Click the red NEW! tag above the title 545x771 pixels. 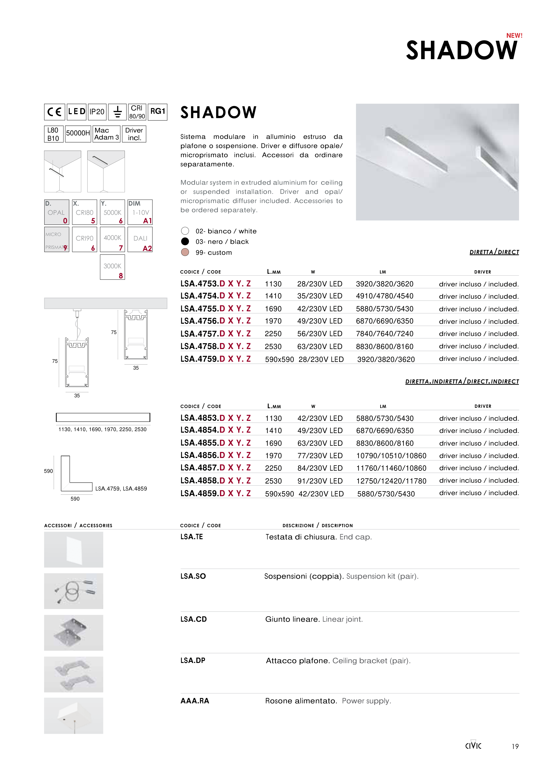(514, 36)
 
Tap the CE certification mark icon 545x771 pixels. (54, 112)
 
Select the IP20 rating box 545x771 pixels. (97, 112)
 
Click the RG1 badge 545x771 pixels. (158, 112)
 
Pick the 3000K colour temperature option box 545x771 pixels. (112, 267)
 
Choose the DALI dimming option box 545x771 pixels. (140, 239)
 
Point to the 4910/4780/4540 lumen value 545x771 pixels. (385, 296)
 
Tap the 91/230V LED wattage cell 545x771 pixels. (320, 481)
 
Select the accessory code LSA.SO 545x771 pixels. (193, 576)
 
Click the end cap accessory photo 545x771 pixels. (74, 550)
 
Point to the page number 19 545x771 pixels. (515, 747)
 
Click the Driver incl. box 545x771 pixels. (134, 134)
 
